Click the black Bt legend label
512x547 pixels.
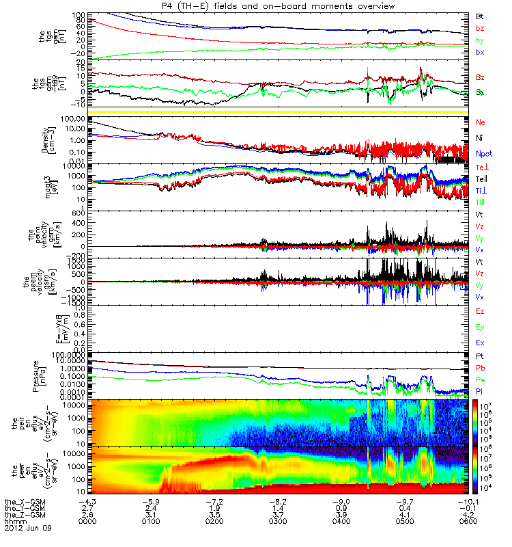tap(481, 15)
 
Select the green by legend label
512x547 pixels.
tap(481, 40)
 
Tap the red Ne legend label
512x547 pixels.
tap(481, 122)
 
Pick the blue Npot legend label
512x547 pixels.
tap(484, 155)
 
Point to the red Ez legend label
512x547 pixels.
tap(481, 311)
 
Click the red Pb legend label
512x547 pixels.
tap(481, 369)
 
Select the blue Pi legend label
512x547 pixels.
tap(481, 391)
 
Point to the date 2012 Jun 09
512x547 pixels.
tap(28, 529)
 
